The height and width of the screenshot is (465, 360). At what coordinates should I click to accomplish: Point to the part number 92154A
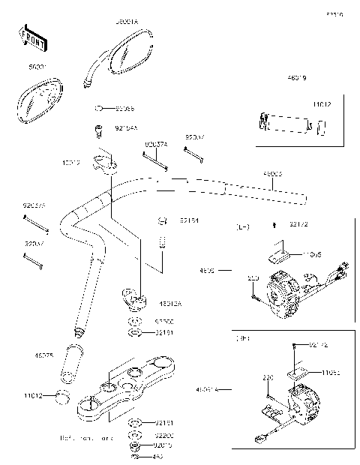(126, 127)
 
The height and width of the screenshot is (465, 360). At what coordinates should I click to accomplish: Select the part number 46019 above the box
(296, 77)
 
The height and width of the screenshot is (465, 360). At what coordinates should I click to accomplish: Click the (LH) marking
(243, 226)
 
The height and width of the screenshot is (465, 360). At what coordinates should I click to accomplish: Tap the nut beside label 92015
(133, 445)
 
